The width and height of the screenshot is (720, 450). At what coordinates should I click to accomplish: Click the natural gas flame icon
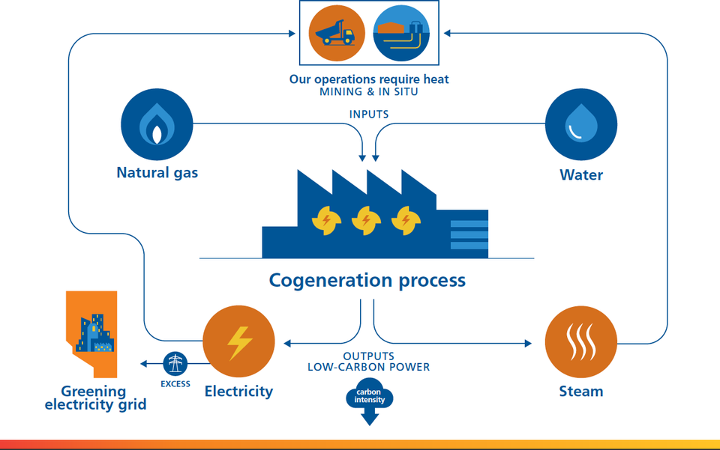[157, 125]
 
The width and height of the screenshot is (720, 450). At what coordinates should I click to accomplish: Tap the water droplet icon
[580, 125]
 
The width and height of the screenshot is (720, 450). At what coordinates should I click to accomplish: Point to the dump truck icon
[337, 33]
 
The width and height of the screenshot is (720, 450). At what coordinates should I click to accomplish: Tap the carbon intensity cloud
[370, 396]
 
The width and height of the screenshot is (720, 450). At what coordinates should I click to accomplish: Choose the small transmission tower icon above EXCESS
[175, 364]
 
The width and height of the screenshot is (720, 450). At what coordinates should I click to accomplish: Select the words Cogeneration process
[367, 281]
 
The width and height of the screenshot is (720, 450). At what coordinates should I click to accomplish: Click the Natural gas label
[157, 174]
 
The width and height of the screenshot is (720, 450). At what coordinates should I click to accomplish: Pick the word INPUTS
[369, 115]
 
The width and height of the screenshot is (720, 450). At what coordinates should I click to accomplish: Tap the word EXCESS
[175, 384]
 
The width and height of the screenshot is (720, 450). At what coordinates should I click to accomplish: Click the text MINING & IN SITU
[369, 92]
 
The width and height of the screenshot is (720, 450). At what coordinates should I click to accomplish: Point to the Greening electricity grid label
[94, 398]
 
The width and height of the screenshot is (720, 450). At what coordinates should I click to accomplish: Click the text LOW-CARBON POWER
[368, 367]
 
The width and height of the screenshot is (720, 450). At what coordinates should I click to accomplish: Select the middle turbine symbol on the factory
[367, 220]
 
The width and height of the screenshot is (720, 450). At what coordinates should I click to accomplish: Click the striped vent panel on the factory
[469, 234]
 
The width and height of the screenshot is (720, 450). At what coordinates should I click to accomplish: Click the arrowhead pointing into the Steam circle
[527, 343]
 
